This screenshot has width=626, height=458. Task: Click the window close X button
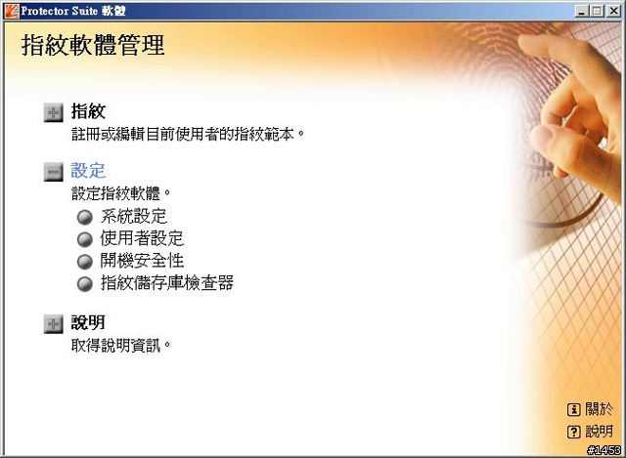click(x=614, y=11)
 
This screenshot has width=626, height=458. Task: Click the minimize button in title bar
click(x=582, y=11)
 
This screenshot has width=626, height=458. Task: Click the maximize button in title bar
click(x=598, y=11)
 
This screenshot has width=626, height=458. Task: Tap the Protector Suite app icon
click(x=12, y=11)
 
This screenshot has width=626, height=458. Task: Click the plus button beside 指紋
click(x=53, y=113)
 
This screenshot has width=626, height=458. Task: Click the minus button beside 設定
click(x=53, y=172)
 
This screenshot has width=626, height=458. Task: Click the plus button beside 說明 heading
click(x=53, y=323)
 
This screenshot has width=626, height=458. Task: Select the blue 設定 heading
click(x=88, y=171)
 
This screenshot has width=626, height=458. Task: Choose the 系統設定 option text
click(x=134, y=217)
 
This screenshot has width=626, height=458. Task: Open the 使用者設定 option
click(x=142, y=238)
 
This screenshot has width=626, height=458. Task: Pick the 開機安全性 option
click(x=142, y=261)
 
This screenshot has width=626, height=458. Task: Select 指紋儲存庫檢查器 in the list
click(x=167, y=282)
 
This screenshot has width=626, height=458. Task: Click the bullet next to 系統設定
click(x=85, y=217)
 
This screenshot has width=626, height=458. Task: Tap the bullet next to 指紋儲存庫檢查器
click(x=85, y=284)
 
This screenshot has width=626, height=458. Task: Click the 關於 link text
click(x=600, y=408)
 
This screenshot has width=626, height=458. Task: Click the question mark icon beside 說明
click(x=574, y=432)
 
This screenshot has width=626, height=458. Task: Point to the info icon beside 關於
click(x=574, y=409)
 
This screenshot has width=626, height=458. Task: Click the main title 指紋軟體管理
click(x=93, y=45)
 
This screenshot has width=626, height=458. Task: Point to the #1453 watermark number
click(x=604, y=450)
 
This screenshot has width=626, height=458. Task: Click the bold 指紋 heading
click(x=88, y=111)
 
